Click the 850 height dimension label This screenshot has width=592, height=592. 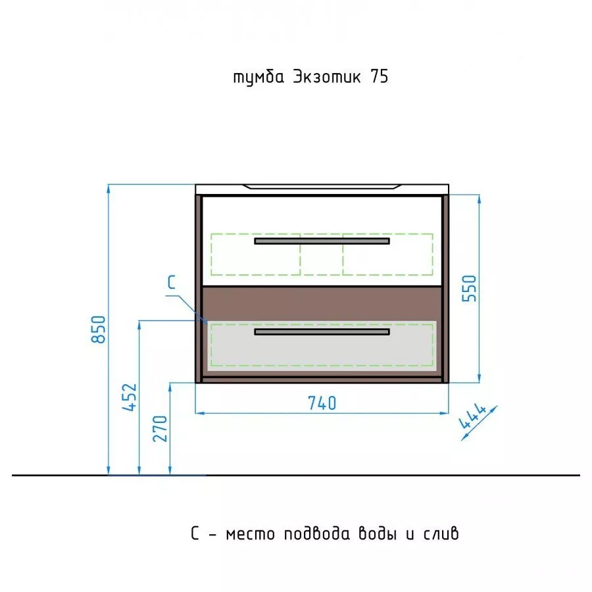point(99,330)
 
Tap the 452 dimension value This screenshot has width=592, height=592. point(130,397)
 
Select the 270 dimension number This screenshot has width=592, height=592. point(160,428)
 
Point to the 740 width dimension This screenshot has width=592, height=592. point(322,403)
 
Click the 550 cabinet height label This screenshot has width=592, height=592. point(469,289)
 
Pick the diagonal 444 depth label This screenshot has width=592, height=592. point(473,416)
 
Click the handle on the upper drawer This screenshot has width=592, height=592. point(322,241)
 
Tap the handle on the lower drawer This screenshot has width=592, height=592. point(322,332)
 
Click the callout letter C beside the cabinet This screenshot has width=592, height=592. point(172,282)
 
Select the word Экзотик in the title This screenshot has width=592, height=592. point(327,77)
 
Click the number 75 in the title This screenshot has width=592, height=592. point(380,77)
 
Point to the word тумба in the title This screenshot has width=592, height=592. point(259,78)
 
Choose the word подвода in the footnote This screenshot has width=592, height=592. point(317,533)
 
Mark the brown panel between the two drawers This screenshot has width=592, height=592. point(322,303)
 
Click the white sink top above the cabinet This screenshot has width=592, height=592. point(322,189)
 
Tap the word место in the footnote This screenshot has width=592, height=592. point(251,534)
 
